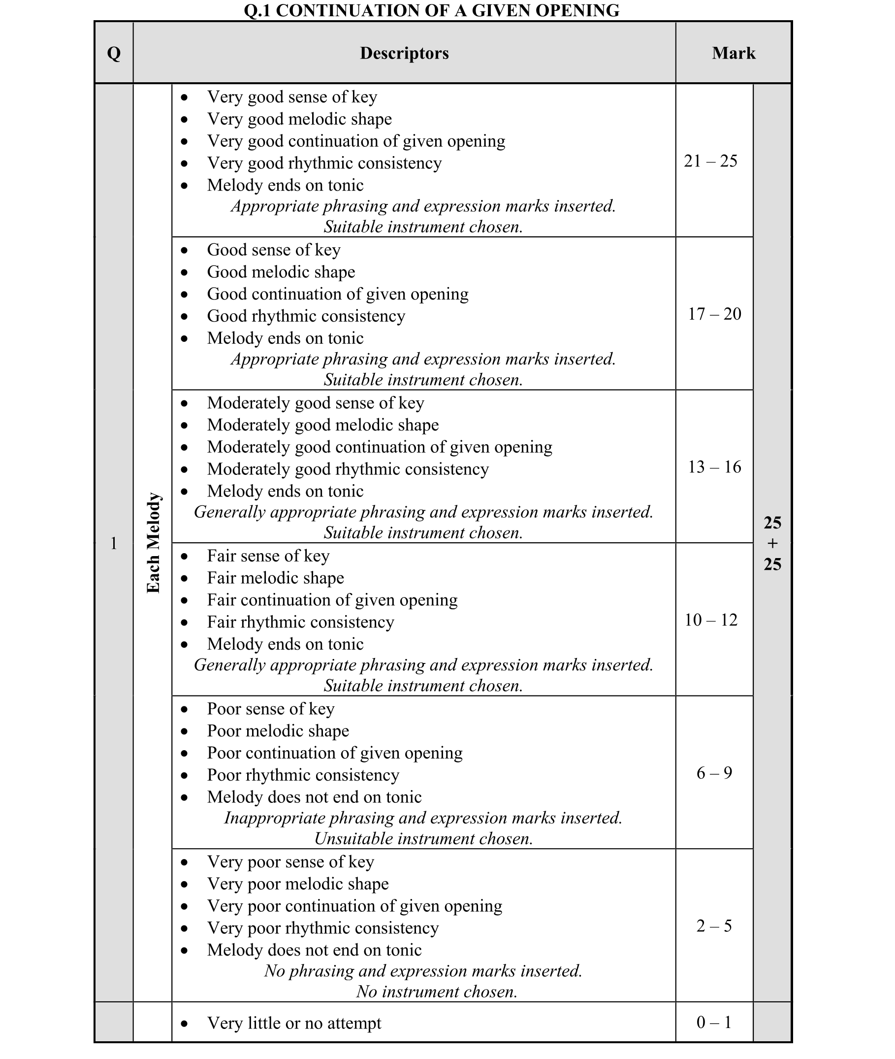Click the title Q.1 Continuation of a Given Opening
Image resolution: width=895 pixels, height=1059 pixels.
431,10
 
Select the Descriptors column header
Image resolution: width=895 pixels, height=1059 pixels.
404,53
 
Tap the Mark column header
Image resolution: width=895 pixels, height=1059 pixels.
733,53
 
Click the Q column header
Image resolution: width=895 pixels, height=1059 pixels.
114,53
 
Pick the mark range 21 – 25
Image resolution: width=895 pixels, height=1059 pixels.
710,161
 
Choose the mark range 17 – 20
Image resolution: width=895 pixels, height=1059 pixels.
714,314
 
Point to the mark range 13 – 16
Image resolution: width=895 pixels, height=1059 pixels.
714,466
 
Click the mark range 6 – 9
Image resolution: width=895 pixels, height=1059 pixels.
714,773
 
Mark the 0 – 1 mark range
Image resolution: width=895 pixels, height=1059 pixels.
714,1022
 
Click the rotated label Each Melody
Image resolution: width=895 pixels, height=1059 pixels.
153,543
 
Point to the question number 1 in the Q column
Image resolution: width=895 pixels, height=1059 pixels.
114,543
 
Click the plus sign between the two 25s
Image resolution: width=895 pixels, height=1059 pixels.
772,543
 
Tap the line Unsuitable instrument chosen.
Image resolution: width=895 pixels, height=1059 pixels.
423,839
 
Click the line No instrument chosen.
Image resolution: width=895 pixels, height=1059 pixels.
436,992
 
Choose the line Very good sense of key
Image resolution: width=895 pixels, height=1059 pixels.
292,97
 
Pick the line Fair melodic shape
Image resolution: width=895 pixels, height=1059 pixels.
275,578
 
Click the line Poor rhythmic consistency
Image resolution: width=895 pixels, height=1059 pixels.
303,775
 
